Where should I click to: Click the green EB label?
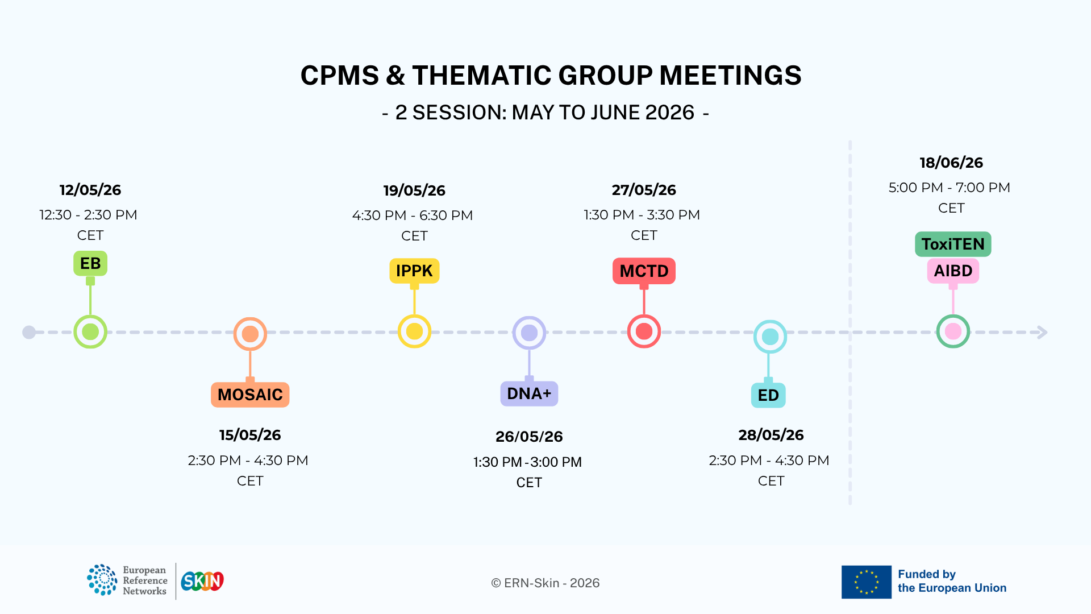[90, 263]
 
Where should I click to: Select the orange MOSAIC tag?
[250, 395]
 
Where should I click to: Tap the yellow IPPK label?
[414, 271]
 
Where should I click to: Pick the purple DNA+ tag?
[529, 393]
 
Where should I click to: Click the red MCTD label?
[644, 271]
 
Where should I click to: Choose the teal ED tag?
[768, 395]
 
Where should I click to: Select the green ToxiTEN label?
[953, 244]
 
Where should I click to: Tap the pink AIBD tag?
[953, 271]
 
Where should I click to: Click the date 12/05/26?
[90, 190]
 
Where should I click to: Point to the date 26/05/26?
[529, 437]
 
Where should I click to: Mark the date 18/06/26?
[951, 163]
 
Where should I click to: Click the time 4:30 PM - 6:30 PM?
[413, 215]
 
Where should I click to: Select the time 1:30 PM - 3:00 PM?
[527, 462]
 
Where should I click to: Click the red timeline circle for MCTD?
[644, 331]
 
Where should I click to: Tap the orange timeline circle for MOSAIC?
[250, 334]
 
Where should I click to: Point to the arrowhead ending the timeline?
[1042, 332]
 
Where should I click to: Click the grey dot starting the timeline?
[29, 332]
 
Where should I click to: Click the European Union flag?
[866, 582]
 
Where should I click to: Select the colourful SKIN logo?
[202, 581]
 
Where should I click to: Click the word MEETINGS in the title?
[730, 76]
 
